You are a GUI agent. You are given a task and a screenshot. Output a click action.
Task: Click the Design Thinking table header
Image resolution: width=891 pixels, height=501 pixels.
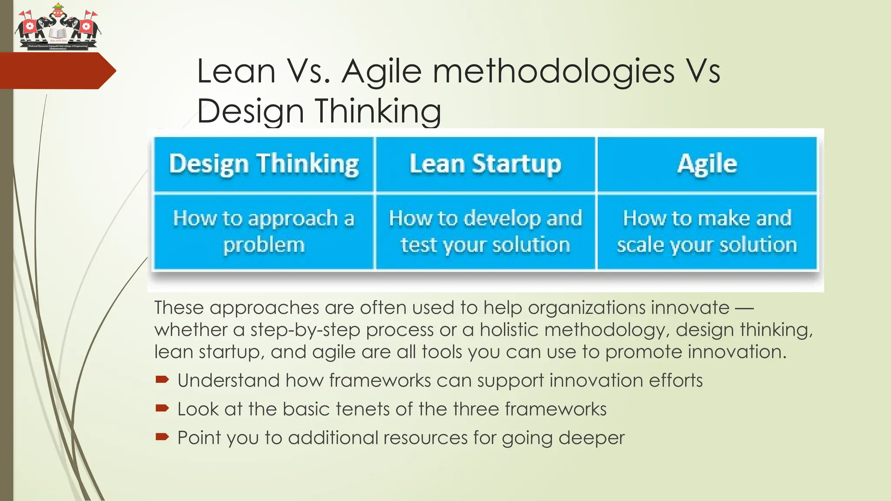(264, 164)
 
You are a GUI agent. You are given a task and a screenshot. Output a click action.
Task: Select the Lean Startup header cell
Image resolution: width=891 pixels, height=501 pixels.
(485, 164)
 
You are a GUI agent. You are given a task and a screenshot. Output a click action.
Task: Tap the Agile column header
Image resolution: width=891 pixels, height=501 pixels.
(707, 164)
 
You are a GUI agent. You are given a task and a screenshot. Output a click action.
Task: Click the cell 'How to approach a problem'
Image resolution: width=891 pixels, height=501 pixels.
(264, 231)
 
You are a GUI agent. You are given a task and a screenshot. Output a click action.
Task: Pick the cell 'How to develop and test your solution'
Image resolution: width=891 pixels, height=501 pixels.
(485, 231)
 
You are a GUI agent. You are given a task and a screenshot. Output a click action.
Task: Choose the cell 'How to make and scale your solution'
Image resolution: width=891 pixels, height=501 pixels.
(707, 231)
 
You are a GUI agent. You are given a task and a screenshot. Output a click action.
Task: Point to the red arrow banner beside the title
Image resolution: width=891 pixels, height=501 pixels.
(57, 71)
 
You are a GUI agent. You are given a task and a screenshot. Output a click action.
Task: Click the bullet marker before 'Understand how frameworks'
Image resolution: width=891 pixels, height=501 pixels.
(162, 380)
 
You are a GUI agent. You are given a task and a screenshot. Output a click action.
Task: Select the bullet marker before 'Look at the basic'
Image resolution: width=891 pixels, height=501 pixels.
(162, 408)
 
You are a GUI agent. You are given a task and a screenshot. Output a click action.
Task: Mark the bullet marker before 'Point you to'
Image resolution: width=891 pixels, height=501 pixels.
(162, 437)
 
